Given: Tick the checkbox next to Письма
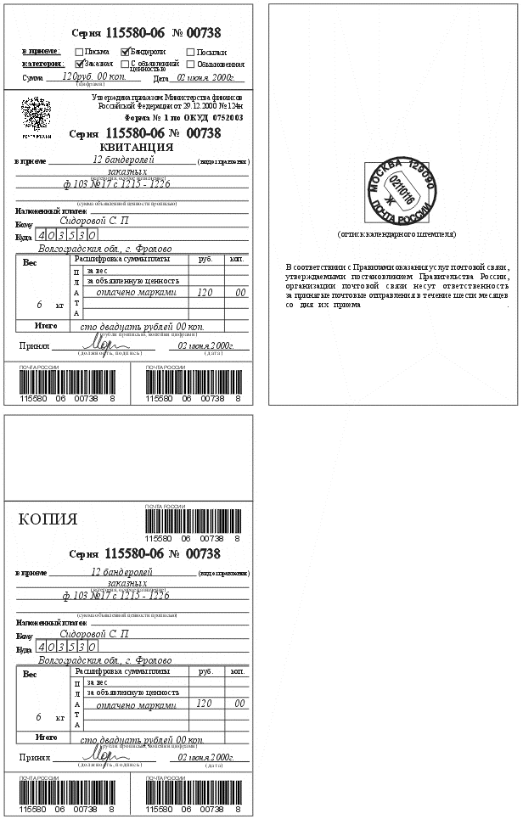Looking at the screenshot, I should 79,52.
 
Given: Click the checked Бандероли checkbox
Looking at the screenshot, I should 126,52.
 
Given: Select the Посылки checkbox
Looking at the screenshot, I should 190,52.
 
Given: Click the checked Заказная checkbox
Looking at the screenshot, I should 79,63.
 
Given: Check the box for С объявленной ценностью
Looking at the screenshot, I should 126,63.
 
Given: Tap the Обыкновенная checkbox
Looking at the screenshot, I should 190,63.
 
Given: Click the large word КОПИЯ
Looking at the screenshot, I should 48,519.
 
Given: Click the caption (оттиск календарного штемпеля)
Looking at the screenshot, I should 396,233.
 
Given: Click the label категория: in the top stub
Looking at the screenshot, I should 42,63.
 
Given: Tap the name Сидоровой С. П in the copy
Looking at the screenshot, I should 95,634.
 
